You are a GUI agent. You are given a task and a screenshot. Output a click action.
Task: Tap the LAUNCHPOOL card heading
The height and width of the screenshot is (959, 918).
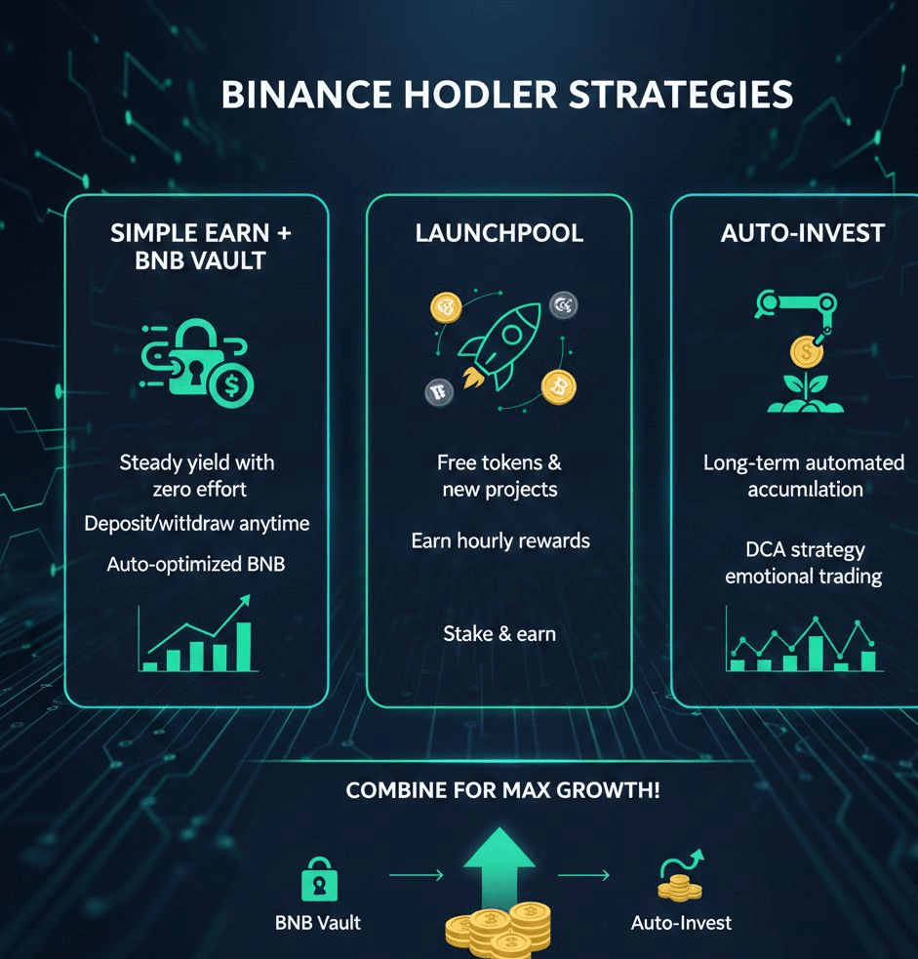pyautogui.click(x=499, y=233)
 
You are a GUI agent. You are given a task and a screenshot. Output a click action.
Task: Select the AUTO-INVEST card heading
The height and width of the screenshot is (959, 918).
pyautogui.click(x=802, y=233)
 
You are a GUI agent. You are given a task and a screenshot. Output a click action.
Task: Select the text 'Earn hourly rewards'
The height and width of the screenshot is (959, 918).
pyautogui.click(x=500, y=539)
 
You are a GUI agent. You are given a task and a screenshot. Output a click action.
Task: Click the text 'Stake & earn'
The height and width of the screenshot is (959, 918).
pyautogui.click(x=499, y=633)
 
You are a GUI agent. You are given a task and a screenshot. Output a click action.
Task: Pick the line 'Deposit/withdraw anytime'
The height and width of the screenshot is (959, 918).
pyautogui.click(x=197, y=523)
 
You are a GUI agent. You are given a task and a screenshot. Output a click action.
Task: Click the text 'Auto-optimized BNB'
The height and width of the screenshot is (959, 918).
pyautogui.click(x=196, y=564)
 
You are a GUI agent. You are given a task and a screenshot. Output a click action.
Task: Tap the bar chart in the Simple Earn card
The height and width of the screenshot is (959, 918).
pyautogui.click(x=197, y=640)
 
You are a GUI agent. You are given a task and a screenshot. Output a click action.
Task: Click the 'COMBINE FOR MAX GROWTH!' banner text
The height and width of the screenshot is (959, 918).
pyautogui.click(x=503, y=789)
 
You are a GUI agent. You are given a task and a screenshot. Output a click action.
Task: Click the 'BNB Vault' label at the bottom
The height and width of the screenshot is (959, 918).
pyautogui.click(x=316, y=922)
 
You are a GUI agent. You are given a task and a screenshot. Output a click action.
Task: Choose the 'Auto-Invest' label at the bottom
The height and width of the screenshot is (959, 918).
pyautogui.click(x=681, y=922)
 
